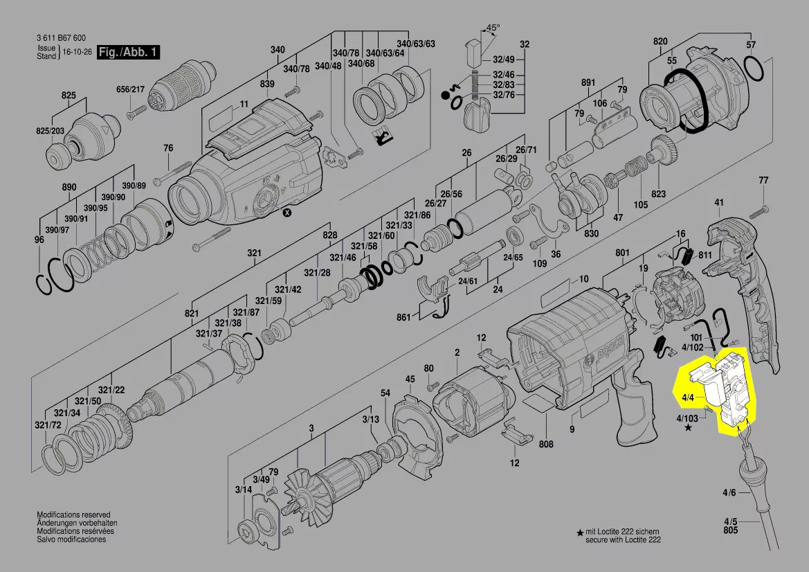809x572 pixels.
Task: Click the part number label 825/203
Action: click(x=50, y=131)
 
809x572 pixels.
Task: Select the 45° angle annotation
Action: click(x=492, y=28)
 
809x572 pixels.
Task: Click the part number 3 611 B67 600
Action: click(x=62, y=39)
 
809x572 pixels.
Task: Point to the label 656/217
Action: click(x=129, y=89)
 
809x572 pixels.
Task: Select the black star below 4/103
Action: click(x=688, y=429)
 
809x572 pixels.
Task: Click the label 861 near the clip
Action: click(x=403, y=317)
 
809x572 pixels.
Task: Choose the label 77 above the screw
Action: click(x=763, y=181)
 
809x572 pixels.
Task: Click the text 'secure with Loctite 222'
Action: click(x=623, y=539)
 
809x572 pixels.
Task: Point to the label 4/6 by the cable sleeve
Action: click(x=729, y=493)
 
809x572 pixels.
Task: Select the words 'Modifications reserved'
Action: click(x=73, y=515)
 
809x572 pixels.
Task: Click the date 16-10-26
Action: click(x=77, y=53)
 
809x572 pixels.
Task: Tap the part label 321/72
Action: click(x=48, y=424)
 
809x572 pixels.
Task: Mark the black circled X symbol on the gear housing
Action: click(x=287, y=214)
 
